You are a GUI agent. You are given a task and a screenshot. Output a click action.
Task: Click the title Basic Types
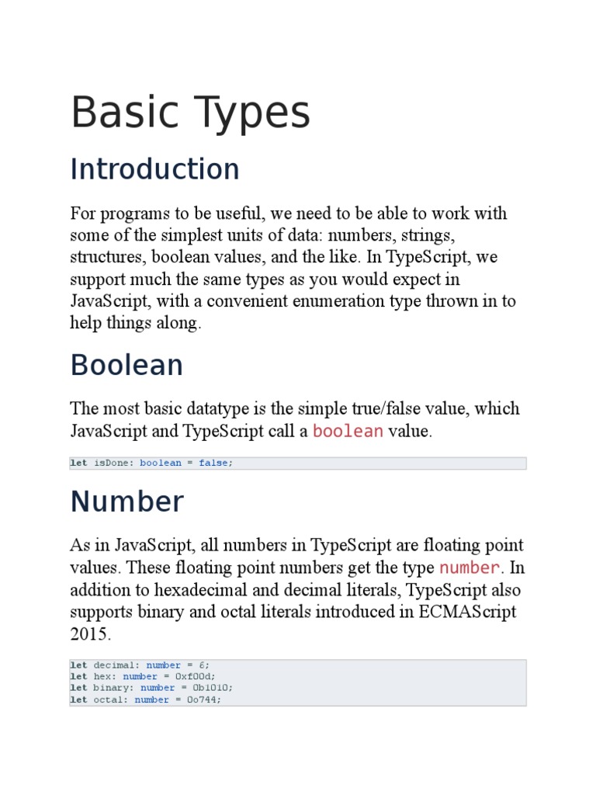coord(190,113)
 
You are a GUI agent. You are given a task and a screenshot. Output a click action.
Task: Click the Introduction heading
coord(154,169)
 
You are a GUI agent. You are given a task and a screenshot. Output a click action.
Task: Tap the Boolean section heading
coord(126,365)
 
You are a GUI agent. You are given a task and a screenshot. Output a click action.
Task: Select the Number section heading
coord(126,502)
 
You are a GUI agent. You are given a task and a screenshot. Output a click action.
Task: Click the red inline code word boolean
coord(348,432)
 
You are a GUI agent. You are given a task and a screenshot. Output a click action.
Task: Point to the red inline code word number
coord(470,568)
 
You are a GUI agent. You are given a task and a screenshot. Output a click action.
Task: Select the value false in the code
coord(214,463)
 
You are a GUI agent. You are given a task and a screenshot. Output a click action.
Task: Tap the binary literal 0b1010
coord(211,688)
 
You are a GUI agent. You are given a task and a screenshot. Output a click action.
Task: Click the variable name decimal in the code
coord(116,665)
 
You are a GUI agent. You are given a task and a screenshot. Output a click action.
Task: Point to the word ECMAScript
coord(468,612)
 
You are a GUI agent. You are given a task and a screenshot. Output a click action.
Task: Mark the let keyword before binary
coord(78,688)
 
